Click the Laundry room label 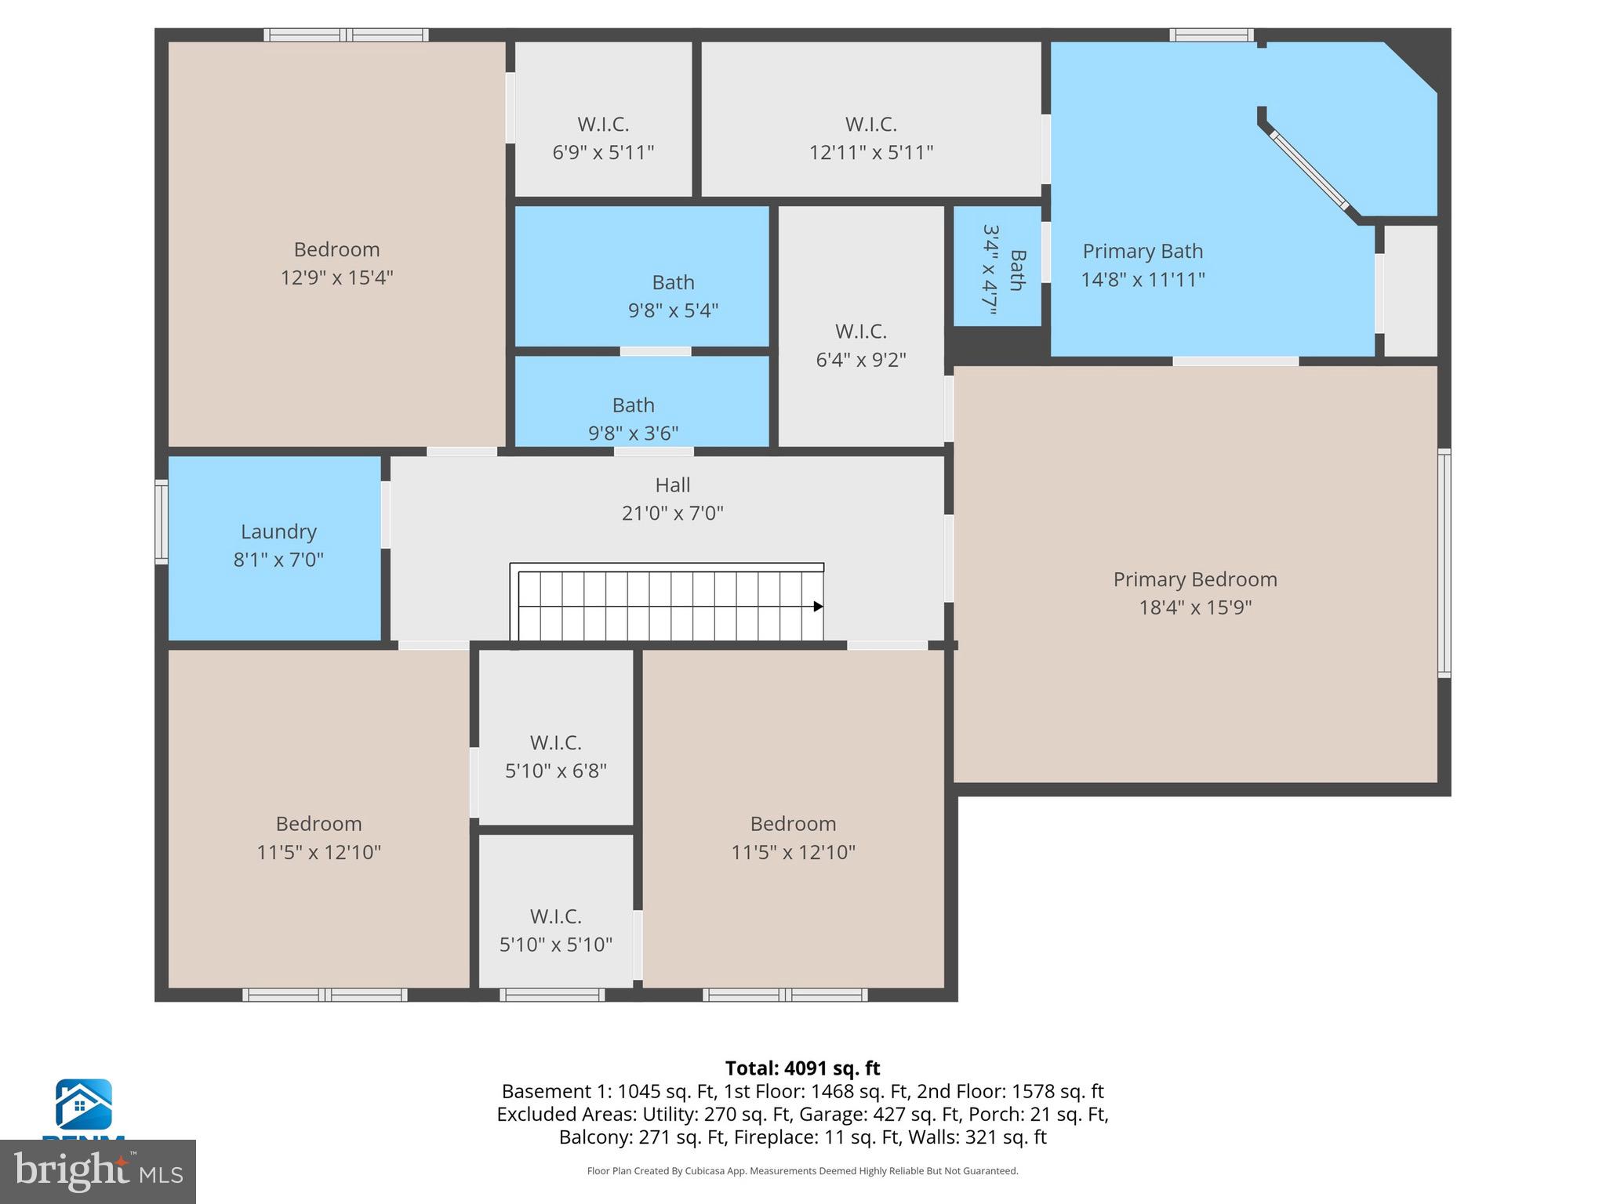pyautogui.click(x=278, y=532)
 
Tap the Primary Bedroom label pyautogui.click(x=1194, y=580)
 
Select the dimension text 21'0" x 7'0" pyautogui.click(x=672, y=513)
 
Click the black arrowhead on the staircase pyautogui.click(x=818, y=606)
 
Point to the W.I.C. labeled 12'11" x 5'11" pyautogui.click(x=870, y=138)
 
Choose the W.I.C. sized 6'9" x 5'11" pyautogui.click(x=603, y=138)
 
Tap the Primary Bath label pyautogui.click(x=1142, y=252)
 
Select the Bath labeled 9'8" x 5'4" pyautogui.click(x=673, y=296)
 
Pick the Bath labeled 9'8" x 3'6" pyautogui.click(x=633, y=419)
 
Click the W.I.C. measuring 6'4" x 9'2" pyautogui.click(x=860, y=345)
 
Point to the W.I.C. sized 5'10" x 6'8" pyautogui.click(x=555, y=756)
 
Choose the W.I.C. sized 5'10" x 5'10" pyautogui.click(x=555, y=930)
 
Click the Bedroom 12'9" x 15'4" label pyautogui.click(x=336, y=263)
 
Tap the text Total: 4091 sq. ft pyautogui.click(x=802, y=1068)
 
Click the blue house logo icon pyautogui.click(x=83, y=1104)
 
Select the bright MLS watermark pyautogui.click(x=97, y=1171)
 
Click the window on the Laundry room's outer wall pyautogui.click(x=162, y=521)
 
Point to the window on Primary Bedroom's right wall pyautogui.click(x=1443, y=563)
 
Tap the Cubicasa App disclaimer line pyautogui.click(x=802, y=1171)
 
